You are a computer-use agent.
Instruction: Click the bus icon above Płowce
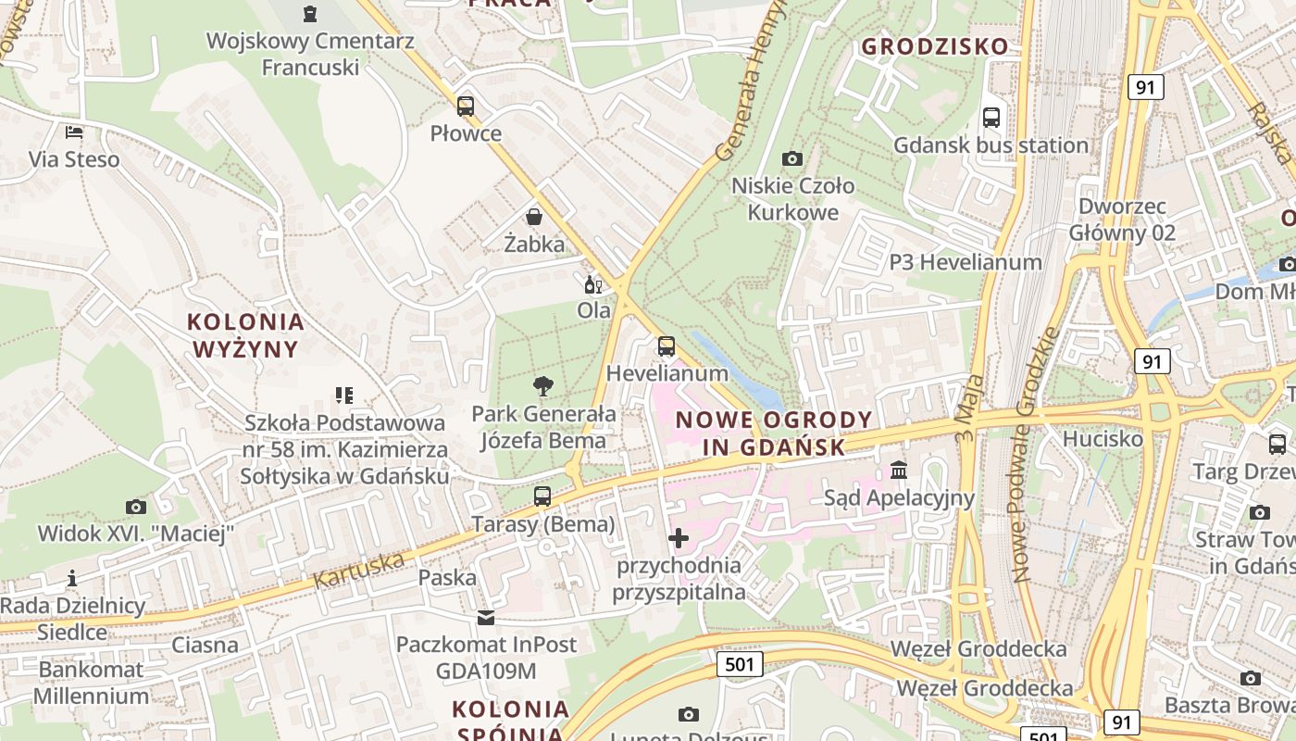[466, 107]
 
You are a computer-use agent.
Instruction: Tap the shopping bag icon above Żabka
[534, 218]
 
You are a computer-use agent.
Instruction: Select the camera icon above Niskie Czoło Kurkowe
[791, 158]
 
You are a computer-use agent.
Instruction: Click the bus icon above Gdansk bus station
[991, 118]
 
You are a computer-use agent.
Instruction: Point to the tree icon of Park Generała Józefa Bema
[543, 386]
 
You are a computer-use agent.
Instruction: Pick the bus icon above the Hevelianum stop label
[666, 347]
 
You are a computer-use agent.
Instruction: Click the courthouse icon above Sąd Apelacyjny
[899, 471]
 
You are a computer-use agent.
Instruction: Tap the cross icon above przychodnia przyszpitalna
[679, 538]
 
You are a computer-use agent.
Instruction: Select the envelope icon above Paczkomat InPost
[486, 618]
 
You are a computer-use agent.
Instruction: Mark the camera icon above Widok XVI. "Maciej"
[136, 507]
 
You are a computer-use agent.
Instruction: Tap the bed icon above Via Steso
[74, 132]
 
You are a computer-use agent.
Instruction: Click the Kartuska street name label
[359, 570]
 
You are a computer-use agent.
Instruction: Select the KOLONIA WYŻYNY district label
[245, 335]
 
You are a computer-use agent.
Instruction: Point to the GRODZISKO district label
[935, 46]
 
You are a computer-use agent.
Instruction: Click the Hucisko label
[1103, 439]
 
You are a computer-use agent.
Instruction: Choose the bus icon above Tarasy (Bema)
[542, 496]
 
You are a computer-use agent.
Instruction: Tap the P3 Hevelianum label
[966, 262]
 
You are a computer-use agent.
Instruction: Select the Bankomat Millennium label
[92, 683]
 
